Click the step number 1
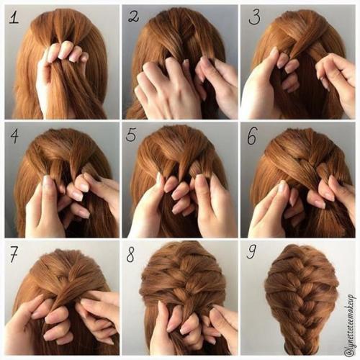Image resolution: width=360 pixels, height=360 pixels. (14, 17)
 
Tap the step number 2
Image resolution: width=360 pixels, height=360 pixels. (133, 17)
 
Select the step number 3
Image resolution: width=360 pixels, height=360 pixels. (254, 17)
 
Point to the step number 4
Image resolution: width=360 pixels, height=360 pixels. (14, 136)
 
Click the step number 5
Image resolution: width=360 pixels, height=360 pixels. (131, 135)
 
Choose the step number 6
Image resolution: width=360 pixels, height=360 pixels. (252, 136)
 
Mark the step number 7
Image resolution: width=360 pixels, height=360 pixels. (14, 254)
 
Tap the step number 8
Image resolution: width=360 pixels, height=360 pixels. (130, 254)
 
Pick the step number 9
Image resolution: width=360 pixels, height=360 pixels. (252, 252)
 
